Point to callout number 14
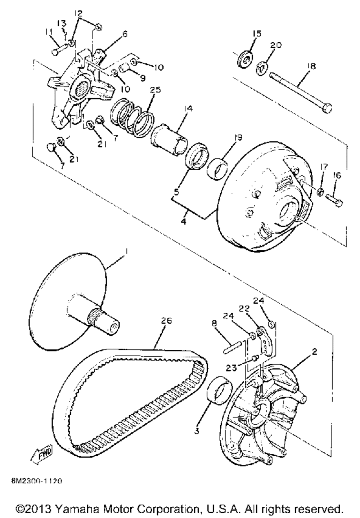pos(188,109)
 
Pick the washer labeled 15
pos(245,59)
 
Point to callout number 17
pos(324,167)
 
